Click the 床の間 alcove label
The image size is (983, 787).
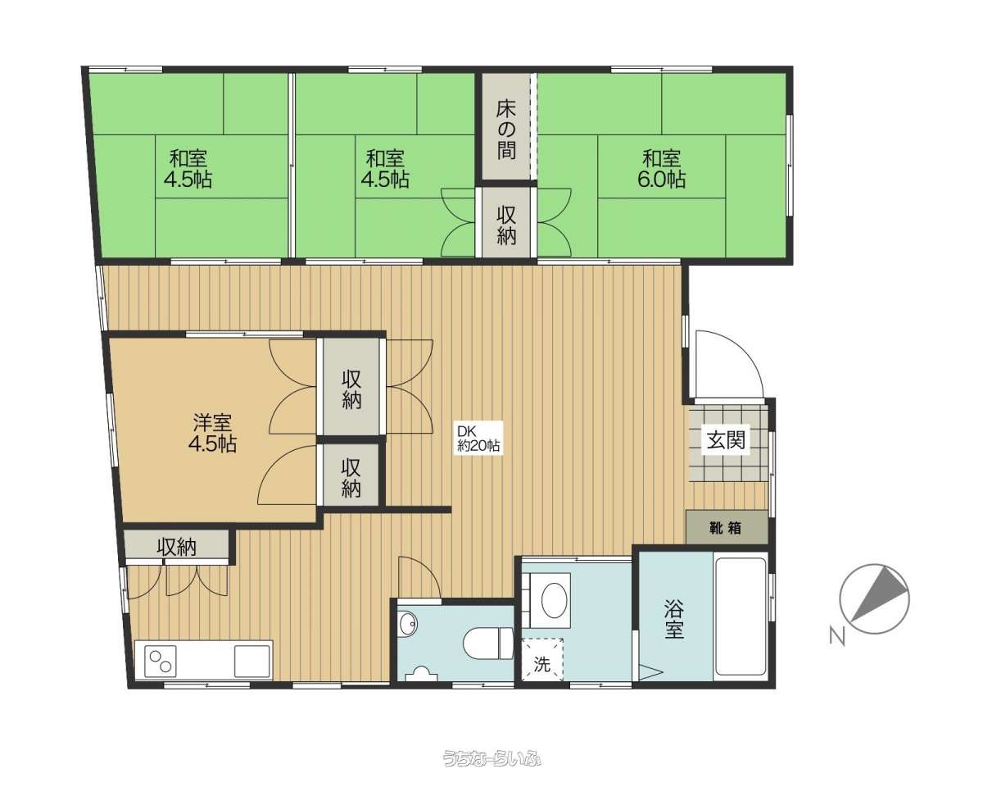(506, 130)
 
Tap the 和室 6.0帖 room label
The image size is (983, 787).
(661, 169)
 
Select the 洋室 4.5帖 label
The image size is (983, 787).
(213, 433)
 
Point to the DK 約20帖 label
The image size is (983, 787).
(478, 438)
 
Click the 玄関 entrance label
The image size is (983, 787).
(726, 439)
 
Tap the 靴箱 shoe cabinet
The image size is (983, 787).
(727, 527)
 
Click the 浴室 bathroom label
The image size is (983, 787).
(673, 621)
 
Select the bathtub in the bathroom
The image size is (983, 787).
(741, 616)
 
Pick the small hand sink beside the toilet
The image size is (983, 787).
(408, 624)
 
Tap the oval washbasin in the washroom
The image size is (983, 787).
(554, 599)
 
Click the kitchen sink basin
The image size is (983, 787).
(251, 662)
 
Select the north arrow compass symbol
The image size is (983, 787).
(874, 599)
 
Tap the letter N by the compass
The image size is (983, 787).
(837, 637)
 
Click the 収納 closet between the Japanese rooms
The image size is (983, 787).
(506, 225)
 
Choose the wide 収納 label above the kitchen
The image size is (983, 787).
(177, 547)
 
